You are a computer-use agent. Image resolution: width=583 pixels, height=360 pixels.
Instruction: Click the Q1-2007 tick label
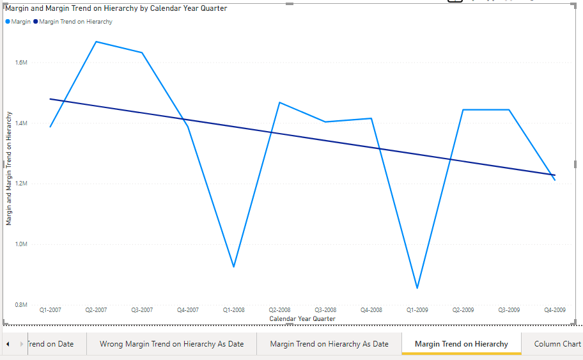tap(51, 310)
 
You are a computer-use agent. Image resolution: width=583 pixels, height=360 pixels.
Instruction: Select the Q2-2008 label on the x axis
tap(279, 310)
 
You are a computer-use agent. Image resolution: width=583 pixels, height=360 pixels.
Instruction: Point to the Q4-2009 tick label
tap(554, 310)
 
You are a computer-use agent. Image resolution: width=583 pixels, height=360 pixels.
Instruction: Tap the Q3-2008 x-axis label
tap(325, 310)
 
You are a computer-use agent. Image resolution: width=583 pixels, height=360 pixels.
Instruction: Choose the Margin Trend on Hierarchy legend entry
tap(75, 22)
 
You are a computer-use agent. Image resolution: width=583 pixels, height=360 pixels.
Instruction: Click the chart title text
tap(116, 8)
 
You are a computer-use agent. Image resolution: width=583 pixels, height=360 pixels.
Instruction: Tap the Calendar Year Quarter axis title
tap(302, 318)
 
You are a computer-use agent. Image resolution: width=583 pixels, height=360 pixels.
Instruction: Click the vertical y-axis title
tap(9, 168)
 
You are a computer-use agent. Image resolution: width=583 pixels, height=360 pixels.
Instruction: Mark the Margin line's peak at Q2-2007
tap(96, 42)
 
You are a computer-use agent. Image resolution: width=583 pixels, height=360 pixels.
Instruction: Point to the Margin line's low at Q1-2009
tap(417, 288)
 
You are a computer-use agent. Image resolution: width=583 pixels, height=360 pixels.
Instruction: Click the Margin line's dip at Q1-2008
tap(234, 267)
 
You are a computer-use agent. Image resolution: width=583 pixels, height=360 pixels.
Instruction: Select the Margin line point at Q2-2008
tap(279, 102)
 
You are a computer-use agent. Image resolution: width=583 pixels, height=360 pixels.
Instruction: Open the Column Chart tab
tap(557, 344)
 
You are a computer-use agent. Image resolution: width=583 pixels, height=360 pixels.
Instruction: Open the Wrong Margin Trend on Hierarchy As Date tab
tap(171, 344)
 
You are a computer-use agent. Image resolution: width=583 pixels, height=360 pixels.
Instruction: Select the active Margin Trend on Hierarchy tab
tap(461, 344)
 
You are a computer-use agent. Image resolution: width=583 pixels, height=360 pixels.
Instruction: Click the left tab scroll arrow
tap(8, 344)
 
